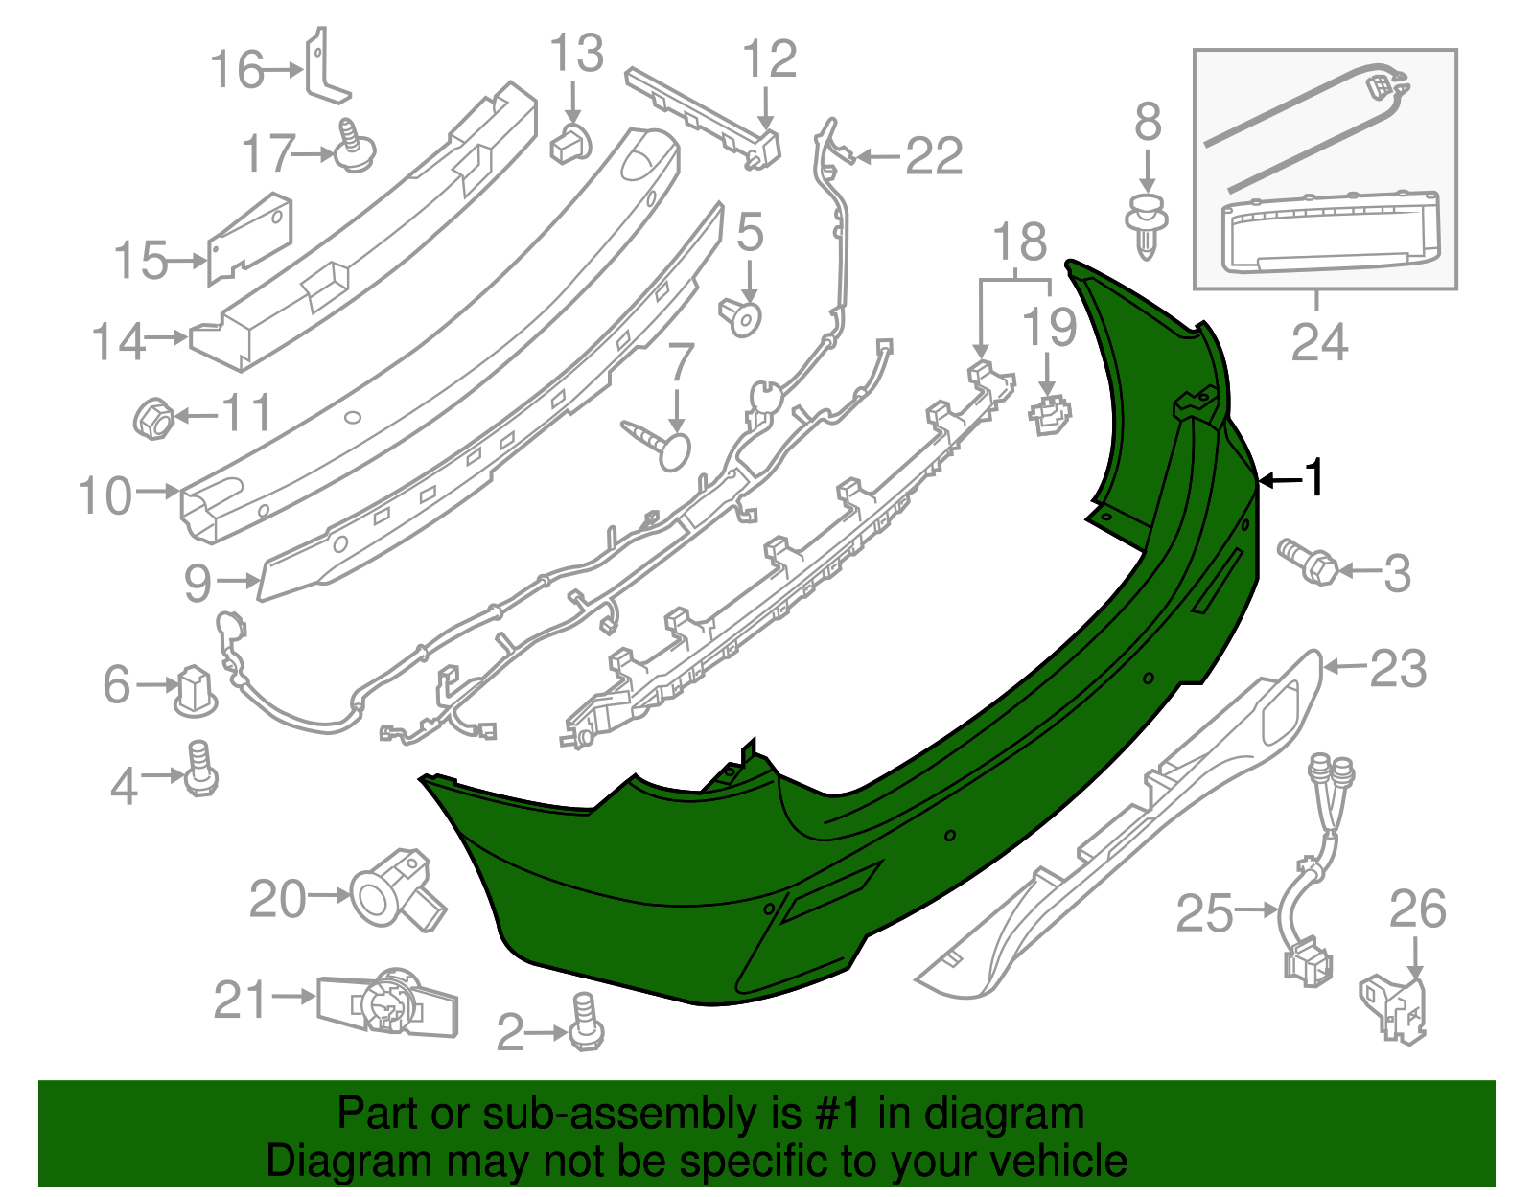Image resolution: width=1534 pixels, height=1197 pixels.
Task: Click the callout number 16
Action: tap(237, 70)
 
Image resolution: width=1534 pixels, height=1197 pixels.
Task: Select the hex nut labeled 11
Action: tap(152, 418)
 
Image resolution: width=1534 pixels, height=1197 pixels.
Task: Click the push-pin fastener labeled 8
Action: tap(1148, 224)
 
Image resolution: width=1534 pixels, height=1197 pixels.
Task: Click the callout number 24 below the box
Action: tap(1319, 342)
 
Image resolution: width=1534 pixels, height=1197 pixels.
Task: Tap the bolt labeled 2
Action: tap(586, 1023)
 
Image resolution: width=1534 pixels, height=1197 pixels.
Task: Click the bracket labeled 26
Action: tap(1396, 1006)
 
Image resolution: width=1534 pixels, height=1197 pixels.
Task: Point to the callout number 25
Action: tap(1204, 912)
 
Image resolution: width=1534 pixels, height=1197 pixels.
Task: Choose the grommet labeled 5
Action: tap(741, 315)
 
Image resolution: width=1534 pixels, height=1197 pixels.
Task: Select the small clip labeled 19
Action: tap(1051, 413)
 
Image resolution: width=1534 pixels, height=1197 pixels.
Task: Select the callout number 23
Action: tap(1399, 668)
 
